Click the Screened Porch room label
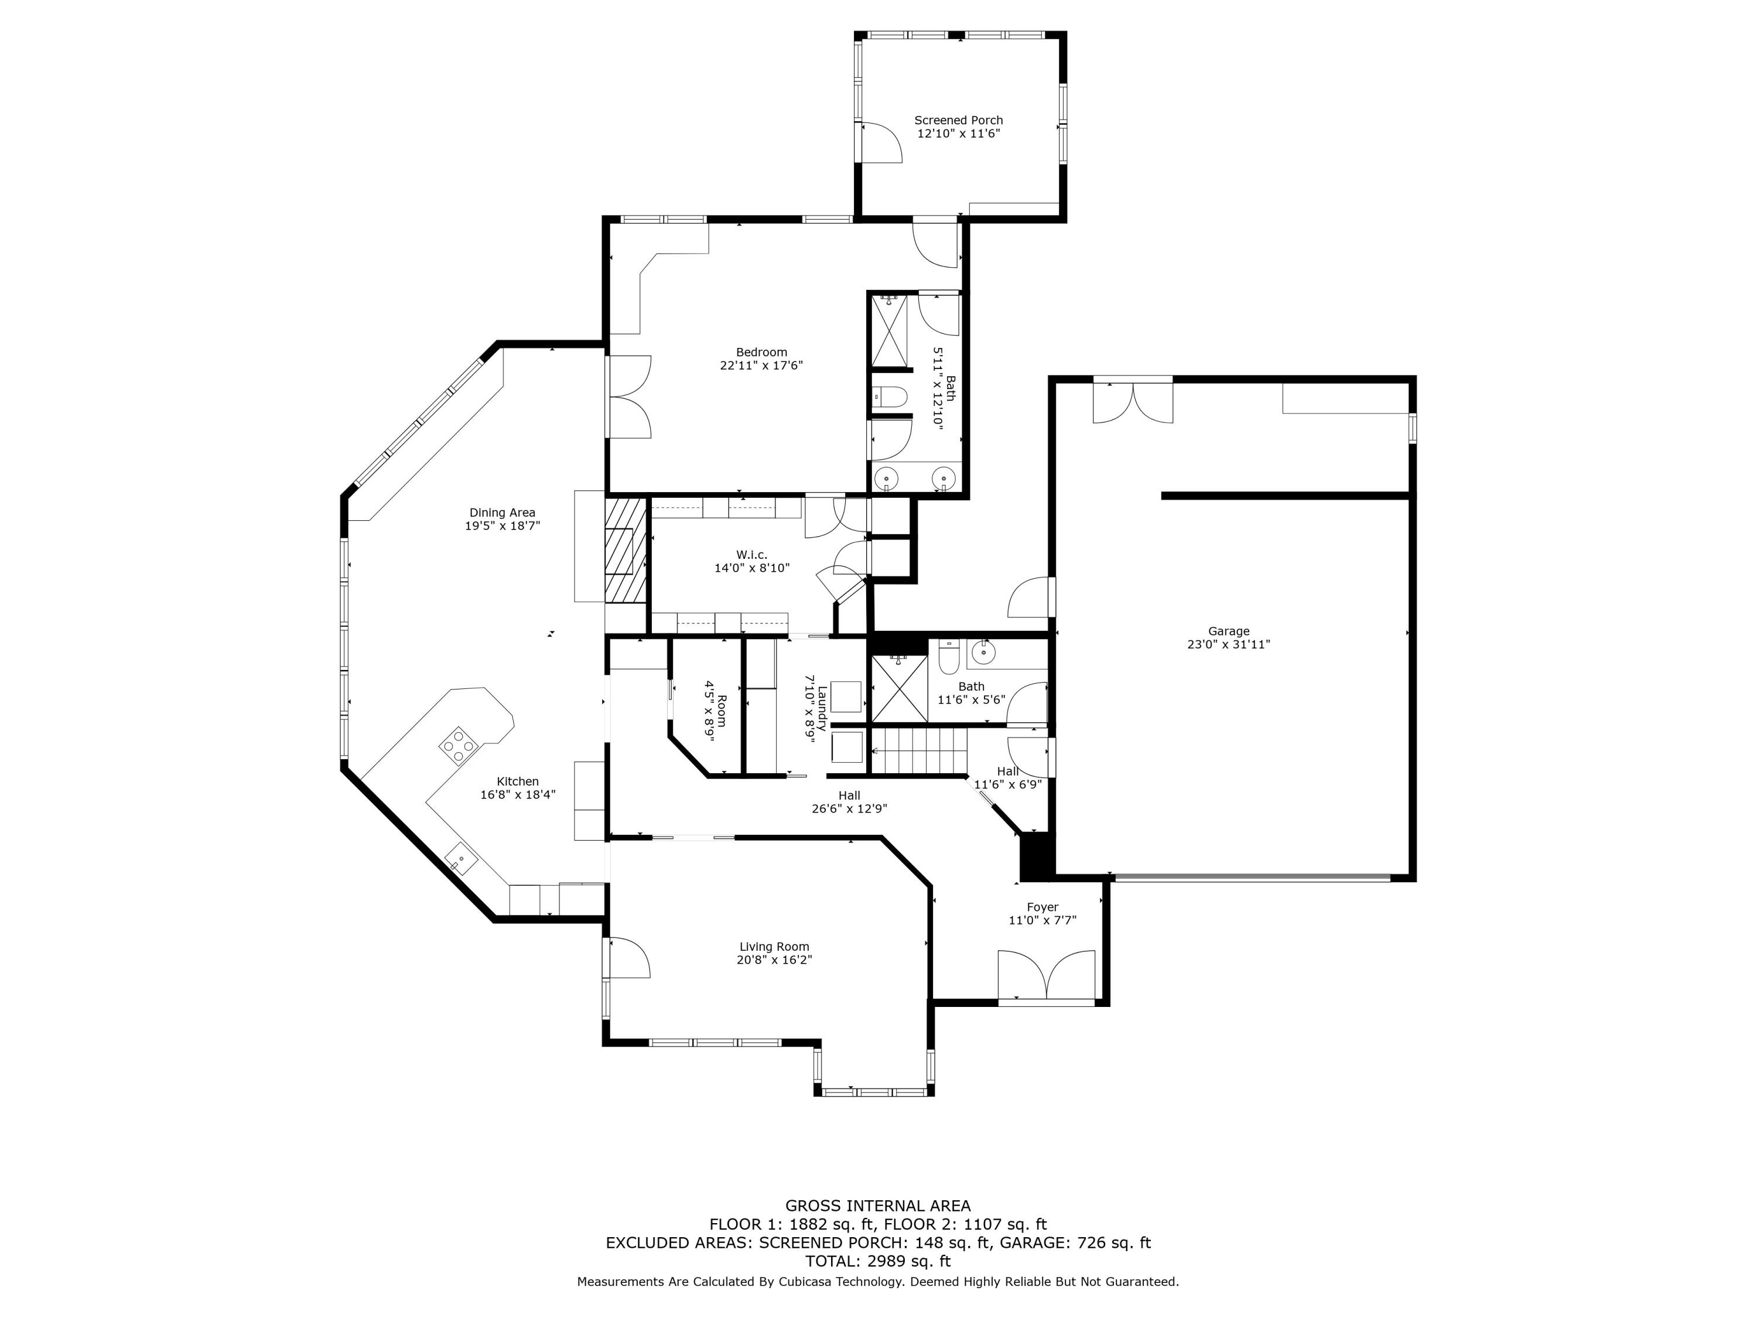958,120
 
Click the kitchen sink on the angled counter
460,859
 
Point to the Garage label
1228,631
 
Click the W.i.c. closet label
751,555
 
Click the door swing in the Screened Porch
880,143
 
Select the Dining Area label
502,513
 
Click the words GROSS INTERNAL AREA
878,1206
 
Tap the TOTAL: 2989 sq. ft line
878,1261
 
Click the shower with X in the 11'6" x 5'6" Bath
899,688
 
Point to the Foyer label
1042,907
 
